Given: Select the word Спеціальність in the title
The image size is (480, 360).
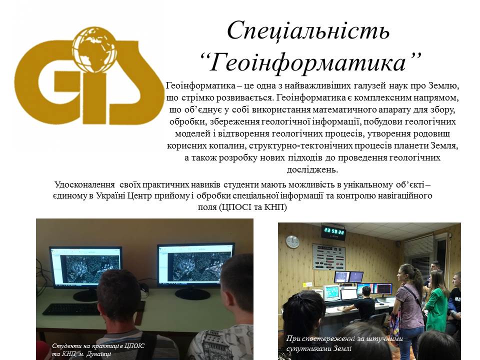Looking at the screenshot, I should (x=308, y=31).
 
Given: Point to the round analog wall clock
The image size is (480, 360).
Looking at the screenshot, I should (x=292, y=241).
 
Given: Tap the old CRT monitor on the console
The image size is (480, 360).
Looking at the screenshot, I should (x=330, y=292).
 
